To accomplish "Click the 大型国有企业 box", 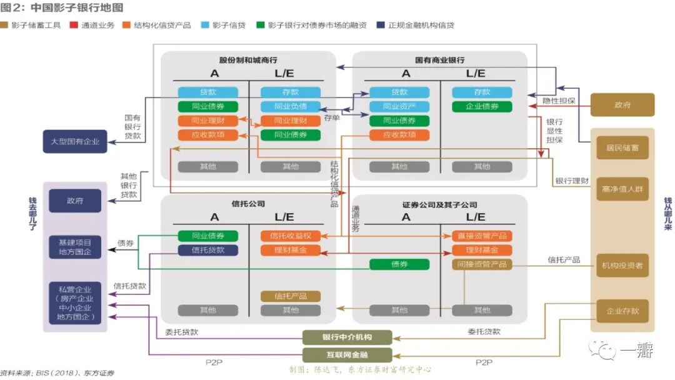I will pos(75,141).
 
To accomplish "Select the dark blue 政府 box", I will pos(75,201).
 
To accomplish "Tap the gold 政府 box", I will pos(622,105).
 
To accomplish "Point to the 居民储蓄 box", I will pos(622,147).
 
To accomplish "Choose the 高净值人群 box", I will pos(622,189).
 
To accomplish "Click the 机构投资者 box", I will pos(622,266).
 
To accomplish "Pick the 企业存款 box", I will pos(622,311).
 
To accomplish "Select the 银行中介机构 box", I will pos(347,337).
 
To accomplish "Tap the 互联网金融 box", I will pos(347,355).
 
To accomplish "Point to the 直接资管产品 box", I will pos(482,236).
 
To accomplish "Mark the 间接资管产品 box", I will pos(482,264).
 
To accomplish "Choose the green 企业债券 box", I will pos(482,106).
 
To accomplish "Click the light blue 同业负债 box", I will pos(291,106).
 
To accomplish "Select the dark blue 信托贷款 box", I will pos(208,250).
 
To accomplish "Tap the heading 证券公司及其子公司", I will pos(439,204).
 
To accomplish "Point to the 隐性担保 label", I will pos(558,101).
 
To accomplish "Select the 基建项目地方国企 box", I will pos(75,247).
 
